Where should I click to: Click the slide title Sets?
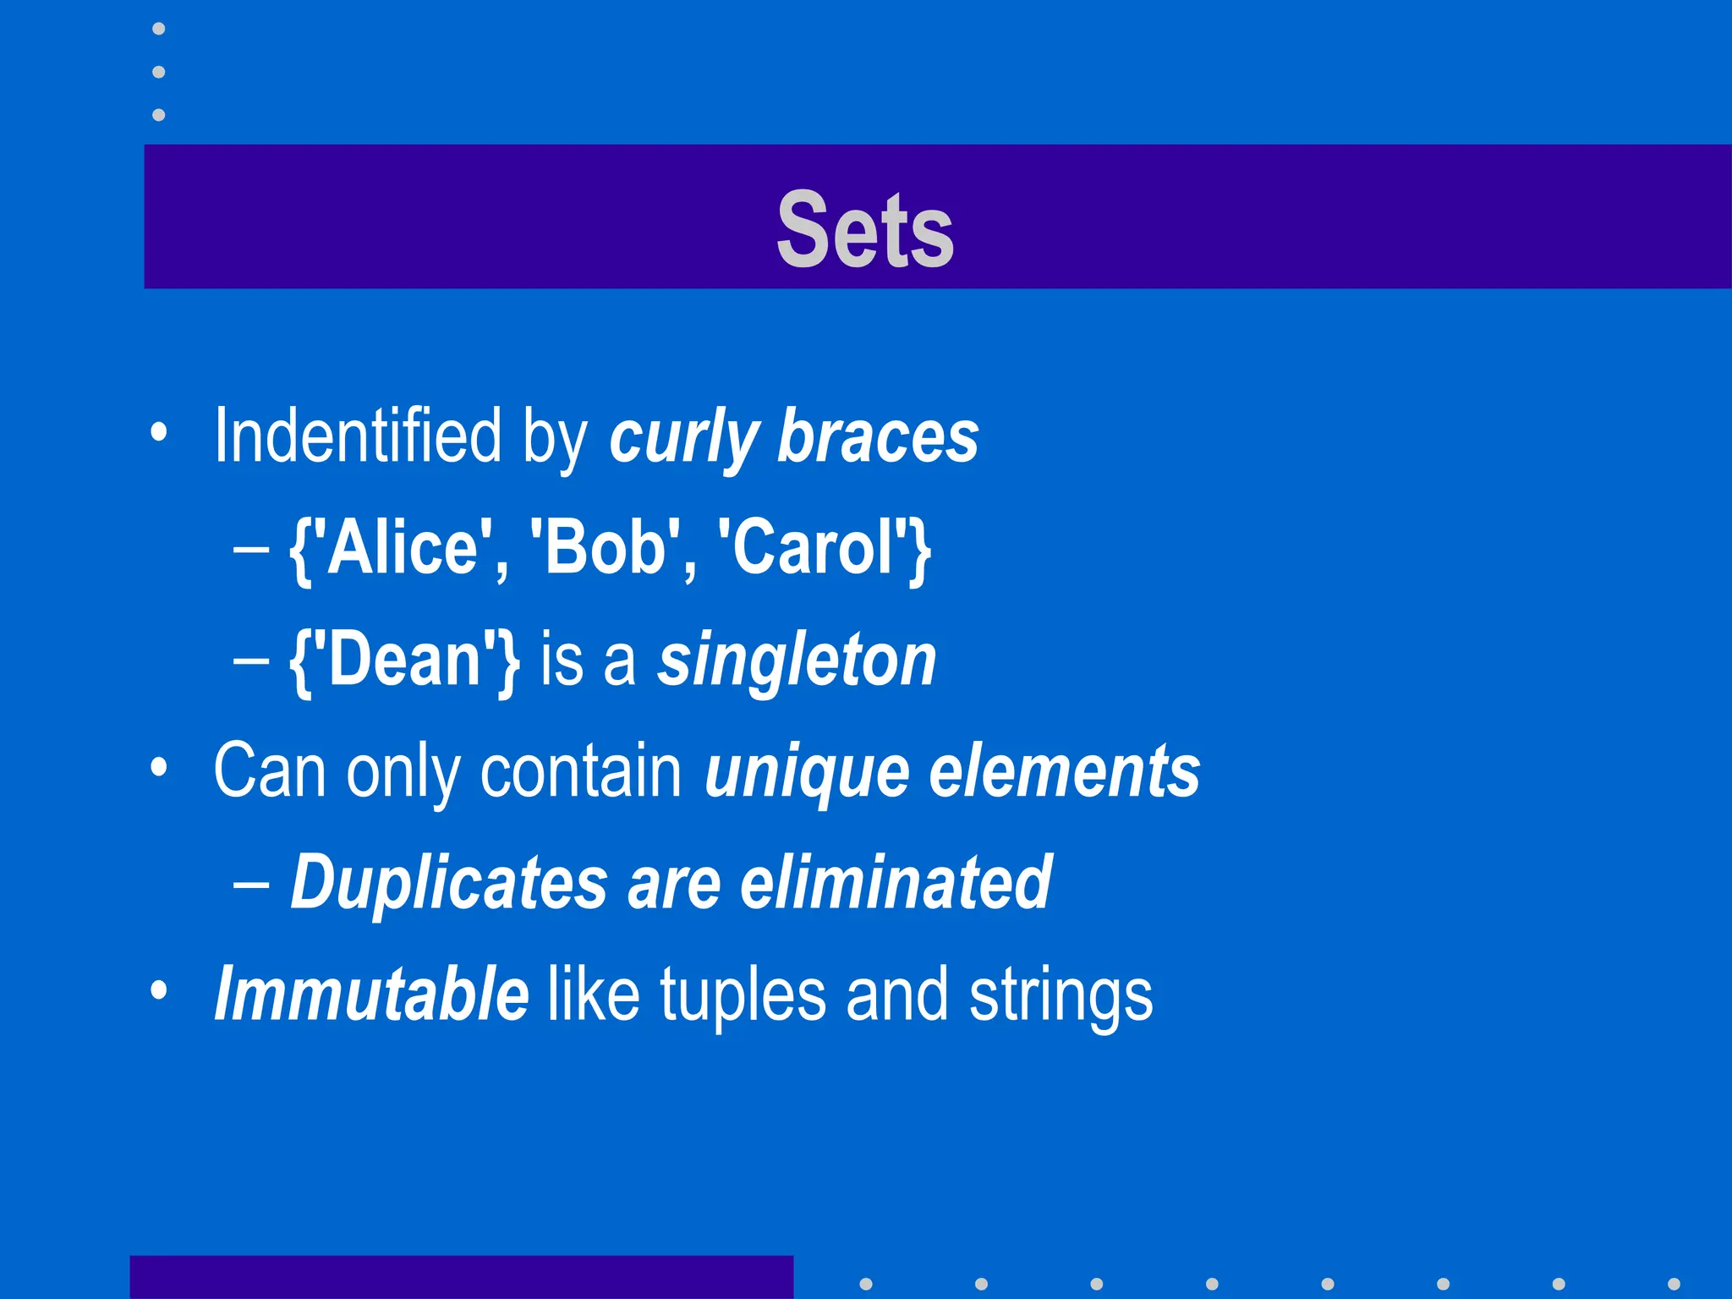[x=865, y=229]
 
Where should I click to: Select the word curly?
[x=683, y=437]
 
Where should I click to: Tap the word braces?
[x=877, y=437]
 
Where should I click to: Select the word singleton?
[x=797, y=661]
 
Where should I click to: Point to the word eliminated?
[x=896, y=882]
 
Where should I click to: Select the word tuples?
[x=743, y=996]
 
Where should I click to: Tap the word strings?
[x=1061, y=996]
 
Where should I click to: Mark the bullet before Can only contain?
[x=158, y=767]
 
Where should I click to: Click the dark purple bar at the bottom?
[x=461, y=1277]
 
